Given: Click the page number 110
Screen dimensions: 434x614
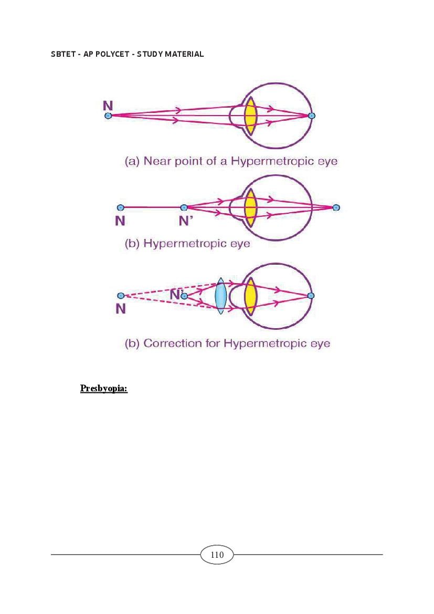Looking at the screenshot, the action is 217,555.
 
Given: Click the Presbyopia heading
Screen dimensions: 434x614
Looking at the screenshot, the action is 104,388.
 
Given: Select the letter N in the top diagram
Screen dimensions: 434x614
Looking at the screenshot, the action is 108,106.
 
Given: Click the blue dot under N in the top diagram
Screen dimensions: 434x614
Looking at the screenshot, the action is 108,116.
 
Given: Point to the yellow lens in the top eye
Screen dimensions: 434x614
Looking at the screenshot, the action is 250,116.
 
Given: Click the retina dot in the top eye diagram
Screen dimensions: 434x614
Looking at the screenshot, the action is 312,116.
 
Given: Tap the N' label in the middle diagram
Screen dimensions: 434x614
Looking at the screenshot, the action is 185,221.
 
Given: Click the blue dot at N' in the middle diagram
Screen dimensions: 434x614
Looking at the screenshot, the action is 184,207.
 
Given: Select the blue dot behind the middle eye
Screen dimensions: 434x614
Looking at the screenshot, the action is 336,207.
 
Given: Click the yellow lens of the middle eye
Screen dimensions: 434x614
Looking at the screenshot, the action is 250,207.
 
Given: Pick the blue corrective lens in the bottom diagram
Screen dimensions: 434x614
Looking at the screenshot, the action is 221,296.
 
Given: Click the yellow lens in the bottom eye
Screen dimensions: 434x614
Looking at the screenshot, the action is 250,296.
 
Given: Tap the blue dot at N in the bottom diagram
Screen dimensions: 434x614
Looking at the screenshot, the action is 121,296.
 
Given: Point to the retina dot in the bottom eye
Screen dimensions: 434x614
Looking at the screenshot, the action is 311,296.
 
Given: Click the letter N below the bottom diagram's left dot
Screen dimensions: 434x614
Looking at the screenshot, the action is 121,309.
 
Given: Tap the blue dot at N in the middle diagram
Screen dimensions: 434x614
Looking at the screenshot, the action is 121,207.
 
